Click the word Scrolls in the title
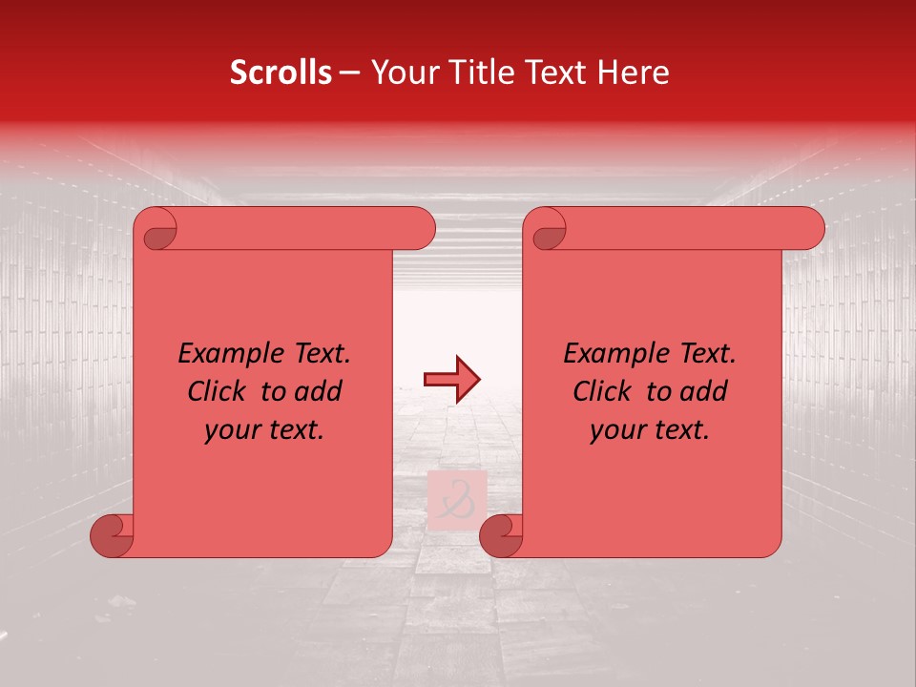[281, 73]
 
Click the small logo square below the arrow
[457, 500]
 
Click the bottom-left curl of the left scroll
[112, 535]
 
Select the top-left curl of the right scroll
[548, 230]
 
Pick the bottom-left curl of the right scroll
[501, 535]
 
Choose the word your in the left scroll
[230, 430]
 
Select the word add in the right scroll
[704, 392]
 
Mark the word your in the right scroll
[615, 430]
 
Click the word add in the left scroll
[319, 392]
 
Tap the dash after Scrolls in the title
[350, 73]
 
